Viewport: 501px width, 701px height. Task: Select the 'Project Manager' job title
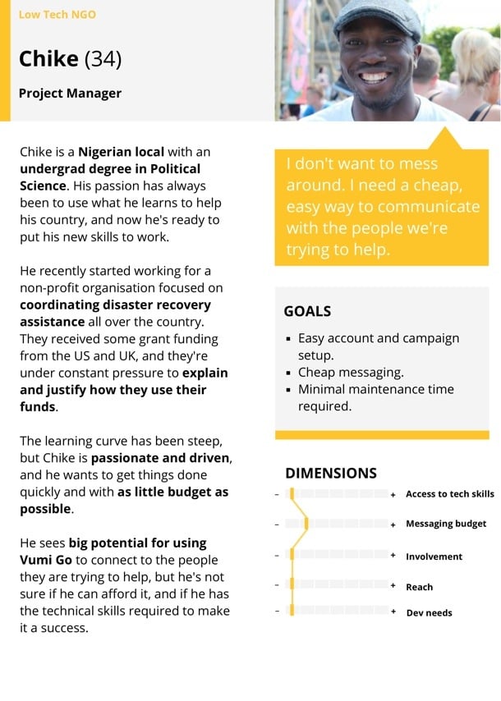click(70, 93)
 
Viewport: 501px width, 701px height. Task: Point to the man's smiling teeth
click(374, 77)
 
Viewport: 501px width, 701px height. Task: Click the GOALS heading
click(307, 311)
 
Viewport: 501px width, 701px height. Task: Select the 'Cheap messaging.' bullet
click(351, 372)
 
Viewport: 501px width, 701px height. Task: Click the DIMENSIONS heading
click(331, 473)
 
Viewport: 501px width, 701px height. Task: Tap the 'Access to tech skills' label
click(450, 494)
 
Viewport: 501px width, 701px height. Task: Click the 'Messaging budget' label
click(446, 524)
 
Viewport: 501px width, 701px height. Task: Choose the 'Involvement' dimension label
click(434, 557)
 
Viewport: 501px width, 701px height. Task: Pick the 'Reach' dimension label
click(419, 587)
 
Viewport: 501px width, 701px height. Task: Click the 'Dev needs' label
click(429, 613)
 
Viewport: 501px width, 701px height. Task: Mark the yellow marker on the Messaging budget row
click(306, 524)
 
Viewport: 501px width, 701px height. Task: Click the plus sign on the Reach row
click(393, 586)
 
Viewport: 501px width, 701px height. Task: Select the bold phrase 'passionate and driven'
click(161, 458)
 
